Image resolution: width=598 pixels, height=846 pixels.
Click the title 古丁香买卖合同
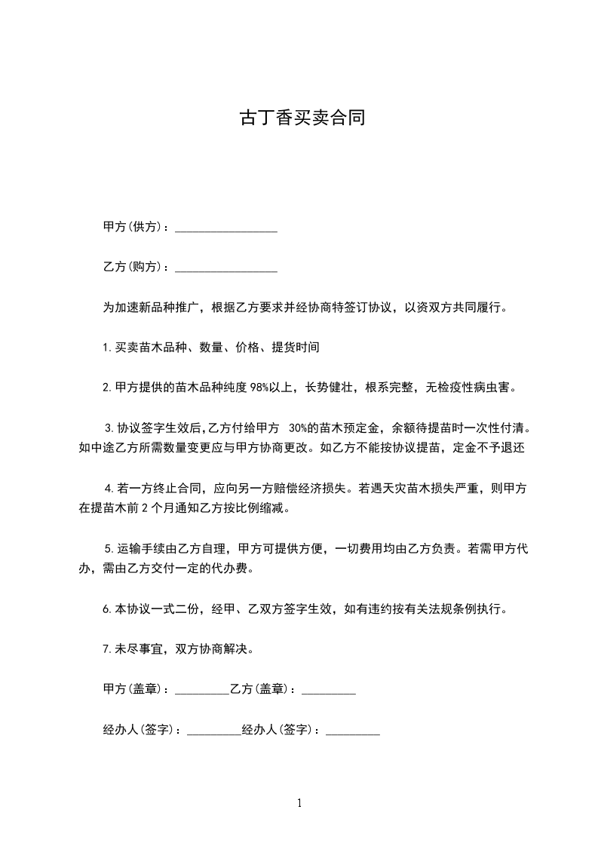302,118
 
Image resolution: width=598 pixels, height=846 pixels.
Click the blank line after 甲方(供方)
226,228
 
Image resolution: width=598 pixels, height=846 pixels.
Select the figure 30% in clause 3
299,428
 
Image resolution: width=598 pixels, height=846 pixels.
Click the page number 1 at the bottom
299,803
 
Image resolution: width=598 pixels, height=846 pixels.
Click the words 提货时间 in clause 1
296,348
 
